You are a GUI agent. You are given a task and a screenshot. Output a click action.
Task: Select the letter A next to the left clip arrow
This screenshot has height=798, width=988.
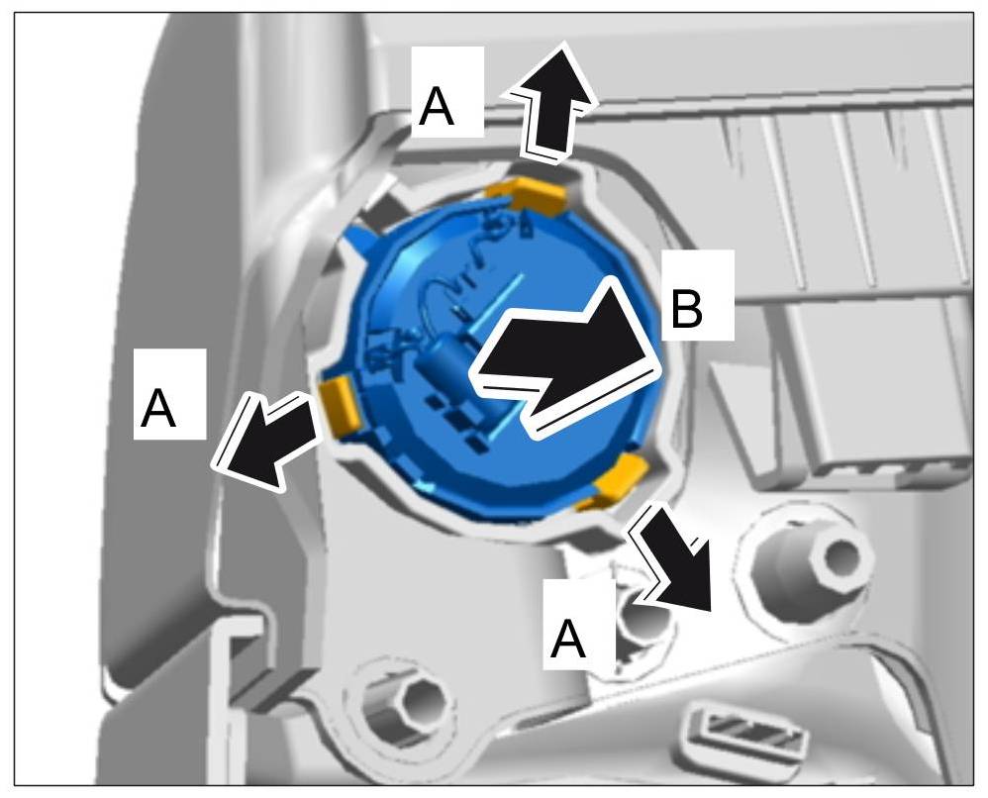[x=158, y=408]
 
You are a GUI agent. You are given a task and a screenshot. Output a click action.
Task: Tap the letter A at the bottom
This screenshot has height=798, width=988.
[x=567, y=640]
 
